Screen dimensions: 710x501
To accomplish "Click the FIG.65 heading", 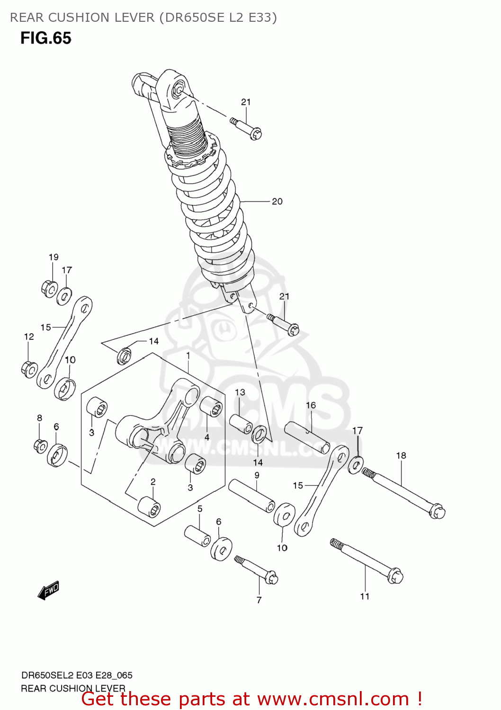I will [x=45, y=38].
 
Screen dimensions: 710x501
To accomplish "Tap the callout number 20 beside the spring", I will [x=277, y=202].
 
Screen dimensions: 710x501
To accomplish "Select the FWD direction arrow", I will [x=48, y=590].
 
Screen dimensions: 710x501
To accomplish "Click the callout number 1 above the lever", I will [x=188, y=355].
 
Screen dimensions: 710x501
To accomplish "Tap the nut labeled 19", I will [x=49, y=287].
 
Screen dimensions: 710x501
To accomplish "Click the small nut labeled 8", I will [x=41, y=445].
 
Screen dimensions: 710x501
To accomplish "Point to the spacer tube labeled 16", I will [x=307, y=437].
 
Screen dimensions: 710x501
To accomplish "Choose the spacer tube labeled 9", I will [x=251, y=496].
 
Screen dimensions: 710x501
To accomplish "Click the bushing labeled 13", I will [x=241, y=424].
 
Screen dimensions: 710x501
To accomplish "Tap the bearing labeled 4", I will [x=211, y=407].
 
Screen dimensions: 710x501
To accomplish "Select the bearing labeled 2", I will [x=149, y=506].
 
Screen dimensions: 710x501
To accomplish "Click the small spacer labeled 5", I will [x=197, y=535].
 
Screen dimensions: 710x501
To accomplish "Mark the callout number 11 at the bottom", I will [x=365, y=596].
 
